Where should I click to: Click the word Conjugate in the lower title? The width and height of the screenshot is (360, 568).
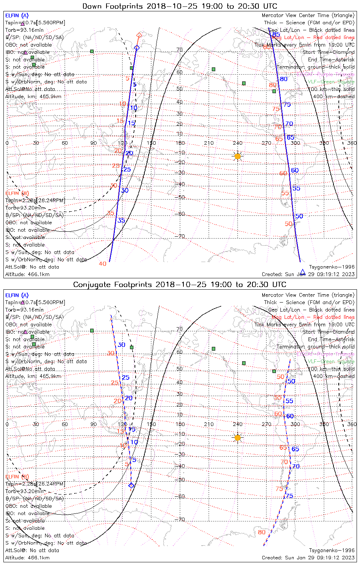click(x=91, y=284)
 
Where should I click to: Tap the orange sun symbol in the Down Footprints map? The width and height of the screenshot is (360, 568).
click(x=238, y=156)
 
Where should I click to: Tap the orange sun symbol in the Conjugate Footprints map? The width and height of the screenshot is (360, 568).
click(x=238, y=438)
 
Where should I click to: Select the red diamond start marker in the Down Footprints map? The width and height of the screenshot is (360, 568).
click(x=139, y=35)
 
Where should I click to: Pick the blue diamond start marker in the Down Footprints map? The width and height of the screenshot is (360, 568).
click(x=137, y=48)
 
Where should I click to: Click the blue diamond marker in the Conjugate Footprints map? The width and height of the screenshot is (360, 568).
click(x=131, y=485)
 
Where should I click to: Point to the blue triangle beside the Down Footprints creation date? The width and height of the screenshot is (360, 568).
click(x=302, y=272)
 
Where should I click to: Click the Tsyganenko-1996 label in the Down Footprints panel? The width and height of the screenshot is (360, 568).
click(x=332, y=267)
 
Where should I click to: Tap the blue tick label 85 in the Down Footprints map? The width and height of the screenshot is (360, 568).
click(x=276, y=35)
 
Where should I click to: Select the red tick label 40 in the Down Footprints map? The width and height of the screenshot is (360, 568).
click(x=102, y=264)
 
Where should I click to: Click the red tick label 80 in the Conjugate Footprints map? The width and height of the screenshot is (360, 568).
click(x=261, y=532)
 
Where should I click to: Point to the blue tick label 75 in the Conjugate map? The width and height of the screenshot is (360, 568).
click(x=289, y=496)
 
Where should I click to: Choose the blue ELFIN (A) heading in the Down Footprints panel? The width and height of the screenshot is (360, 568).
click(x=17, y=16)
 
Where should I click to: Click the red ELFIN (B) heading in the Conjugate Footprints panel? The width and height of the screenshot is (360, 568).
click(x=17, y=476)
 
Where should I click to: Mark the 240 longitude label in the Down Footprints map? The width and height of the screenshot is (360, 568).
click(x=238, y=143)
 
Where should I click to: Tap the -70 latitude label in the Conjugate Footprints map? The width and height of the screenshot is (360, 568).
click(x=180, y=520)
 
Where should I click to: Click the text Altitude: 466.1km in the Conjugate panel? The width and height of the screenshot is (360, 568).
click(x=27, y=557)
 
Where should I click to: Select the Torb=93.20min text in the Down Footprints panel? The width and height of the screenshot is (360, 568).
click(x=25, y=208)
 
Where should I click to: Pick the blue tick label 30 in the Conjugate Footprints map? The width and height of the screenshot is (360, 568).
click(x=121, y=345)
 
